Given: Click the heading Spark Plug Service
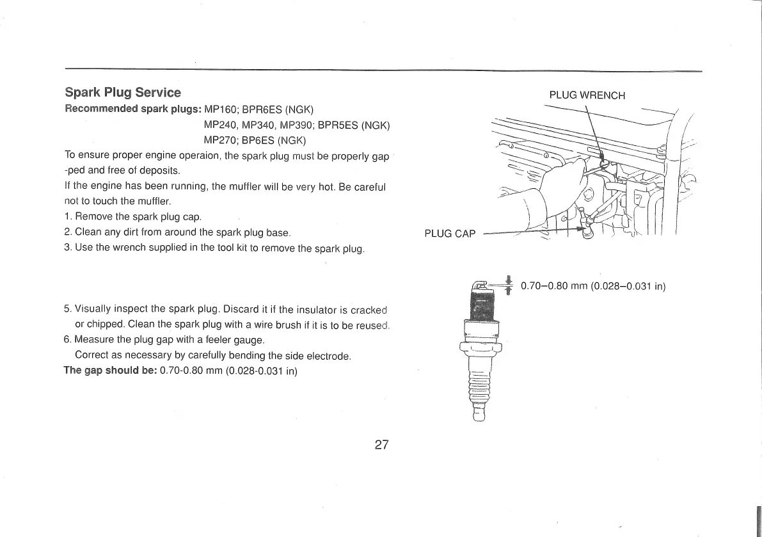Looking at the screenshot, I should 123,93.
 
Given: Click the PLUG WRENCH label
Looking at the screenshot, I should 587,95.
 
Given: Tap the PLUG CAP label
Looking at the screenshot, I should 450,234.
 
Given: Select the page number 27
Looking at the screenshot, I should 382,445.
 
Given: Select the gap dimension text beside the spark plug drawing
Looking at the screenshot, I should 594,286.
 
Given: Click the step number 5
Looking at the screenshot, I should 67,310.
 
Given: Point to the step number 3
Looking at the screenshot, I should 67,248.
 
